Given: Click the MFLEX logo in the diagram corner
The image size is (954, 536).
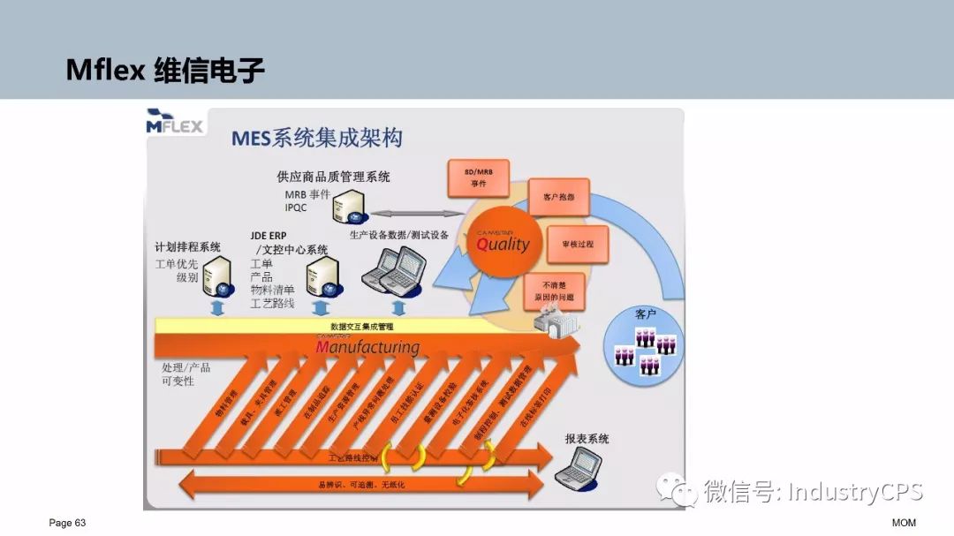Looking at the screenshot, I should click(175, 121).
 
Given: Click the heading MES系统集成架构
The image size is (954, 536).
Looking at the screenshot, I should click(316, 139).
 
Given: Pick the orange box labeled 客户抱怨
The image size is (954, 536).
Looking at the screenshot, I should click(558, 197).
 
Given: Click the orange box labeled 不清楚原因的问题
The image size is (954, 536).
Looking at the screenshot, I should click(554, 292).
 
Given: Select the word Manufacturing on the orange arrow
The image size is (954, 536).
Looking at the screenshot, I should click(367, 346).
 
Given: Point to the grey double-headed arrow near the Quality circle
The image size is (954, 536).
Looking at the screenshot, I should click(410, 213).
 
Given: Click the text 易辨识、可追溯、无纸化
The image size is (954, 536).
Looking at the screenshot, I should click(361, 485).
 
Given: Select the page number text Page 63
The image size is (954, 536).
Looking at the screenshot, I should click(67, 523).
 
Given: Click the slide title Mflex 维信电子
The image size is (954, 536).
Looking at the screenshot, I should click(165, 70).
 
